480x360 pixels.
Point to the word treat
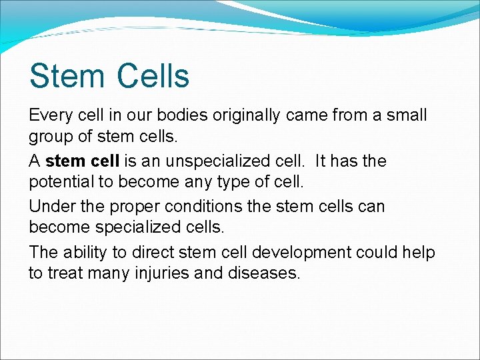68,273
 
